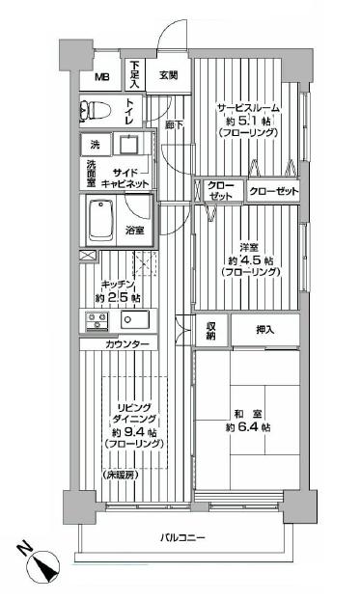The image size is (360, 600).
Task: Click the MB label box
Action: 101,78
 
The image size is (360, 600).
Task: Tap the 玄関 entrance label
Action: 169,74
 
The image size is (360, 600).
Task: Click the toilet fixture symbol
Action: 98,109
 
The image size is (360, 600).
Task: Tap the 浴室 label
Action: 135,230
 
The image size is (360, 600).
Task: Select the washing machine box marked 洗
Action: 93,143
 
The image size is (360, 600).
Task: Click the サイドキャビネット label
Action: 117,177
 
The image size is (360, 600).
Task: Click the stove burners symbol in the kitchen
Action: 97,320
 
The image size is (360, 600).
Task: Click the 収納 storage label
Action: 211,330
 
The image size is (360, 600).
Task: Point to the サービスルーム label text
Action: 248,109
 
